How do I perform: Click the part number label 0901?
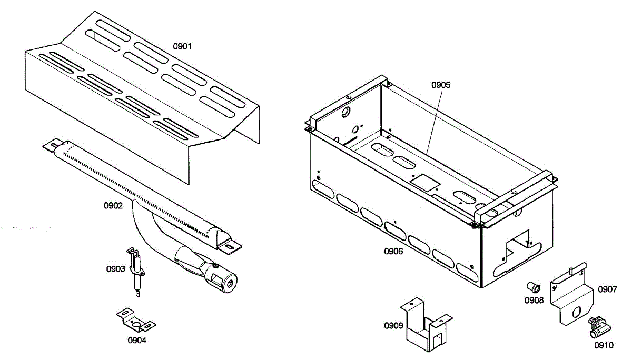point(183,46)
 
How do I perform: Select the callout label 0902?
point(113,206)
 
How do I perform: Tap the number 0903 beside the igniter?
point(115,269)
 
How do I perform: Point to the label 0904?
point(137,340)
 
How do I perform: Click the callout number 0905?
point(441,84)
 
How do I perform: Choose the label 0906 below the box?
point(393,252)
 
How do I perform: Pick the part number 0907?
point(607,289)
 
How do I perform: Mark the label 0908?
point(534,301)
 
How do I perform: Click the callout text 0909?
point(393,325)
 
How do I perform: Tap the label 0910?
point(604,346)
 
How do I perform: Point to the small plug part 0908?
point(534,287)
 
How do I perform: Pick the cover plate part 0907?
point(571,297)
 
